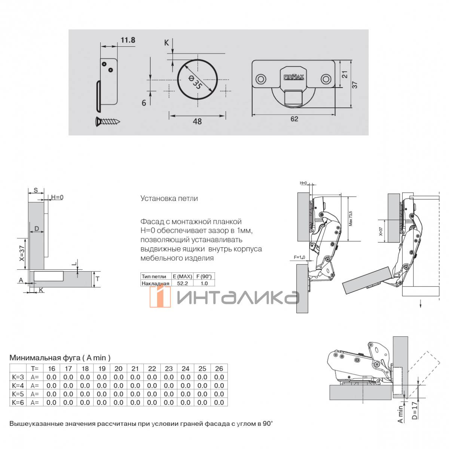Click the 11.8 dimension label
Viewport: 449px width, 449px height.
128,40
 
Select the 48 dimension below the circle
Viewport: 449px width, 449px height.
197,122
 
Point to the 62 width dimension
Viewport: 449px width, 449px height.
294,119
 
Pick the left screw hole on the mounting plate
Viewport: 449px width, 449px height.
260,79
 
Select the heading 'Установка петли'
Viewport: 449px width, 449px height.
169,199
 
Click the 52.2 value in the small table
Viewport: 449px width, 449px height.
182,283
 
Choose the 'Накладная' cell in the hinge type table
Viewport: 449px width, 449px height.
155,283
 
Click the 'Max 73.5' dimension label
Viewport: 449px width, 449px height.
350,218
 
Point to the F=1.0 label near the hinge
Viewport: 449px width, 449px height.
300,257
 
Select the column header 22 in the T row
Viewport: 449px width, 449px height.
152,369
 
